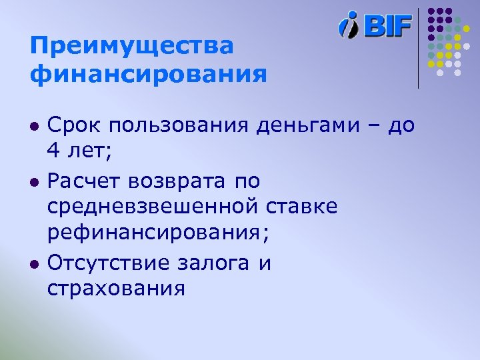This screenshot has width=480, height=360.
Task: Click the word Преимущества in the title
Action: click(x=132, y=47)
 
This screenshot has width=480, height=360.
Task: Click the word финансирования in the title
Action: click(x=148, y=73)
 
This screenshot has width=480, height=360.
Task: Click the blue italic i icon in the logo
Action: click(x=349, y=25)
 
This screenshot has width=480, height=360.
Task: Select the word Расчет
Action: click(x=87, y=180)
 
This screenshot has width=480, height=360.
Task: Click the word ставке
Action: click(x=303, y=207)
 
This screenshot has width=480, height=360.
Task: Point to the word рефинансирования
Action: click(x=153, y=234)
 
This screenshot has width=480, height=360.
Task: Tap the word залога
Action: click(x=217, y=263)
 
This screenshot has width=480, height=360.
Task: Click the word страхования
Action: click(x=116, y=289)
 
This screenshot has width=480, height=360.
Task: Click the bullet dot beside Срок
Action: click(x=34, y=126)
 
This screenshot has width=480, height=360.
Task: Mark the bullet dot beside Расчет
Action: click(x=34, y=181)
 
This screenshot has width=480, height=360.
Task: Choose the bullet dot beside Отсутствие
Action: click(x=34, y=263)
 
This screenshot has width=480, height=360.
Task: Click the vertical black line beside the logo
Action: click(x=419, y=47)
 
